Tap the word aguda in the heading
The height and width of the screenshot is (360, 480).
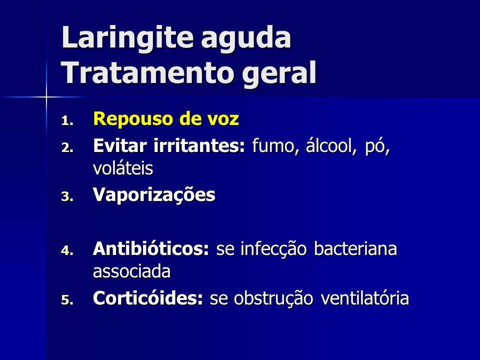coord(246,39)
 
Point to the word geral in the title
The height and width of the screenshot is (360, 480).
coord(279,74)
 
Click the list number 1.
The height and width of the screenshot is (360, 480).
coord(67,120)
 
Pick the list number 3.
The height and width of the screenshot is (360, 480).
coord(67,196)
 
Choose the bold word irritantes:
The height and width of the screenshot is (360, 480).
coord(199,145)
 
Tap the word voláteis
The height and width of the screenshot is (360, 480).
coord(123,168)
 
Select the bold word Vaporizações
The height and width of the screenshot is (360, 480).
coord(154,195)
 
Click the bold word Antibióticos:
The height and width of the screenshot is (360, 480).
coord(151,248)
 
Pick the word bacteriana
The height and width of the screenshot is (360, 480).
coord(355,248)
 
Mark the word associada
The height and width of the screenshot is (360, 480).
coord(131,271)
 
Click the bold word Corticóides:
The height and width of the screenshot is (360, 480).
coord(148,297)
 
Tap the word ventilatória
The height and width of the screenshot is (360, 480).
coord(365,297)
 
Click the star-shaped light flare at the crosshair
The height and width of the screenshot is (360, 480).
coord(46,97)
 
